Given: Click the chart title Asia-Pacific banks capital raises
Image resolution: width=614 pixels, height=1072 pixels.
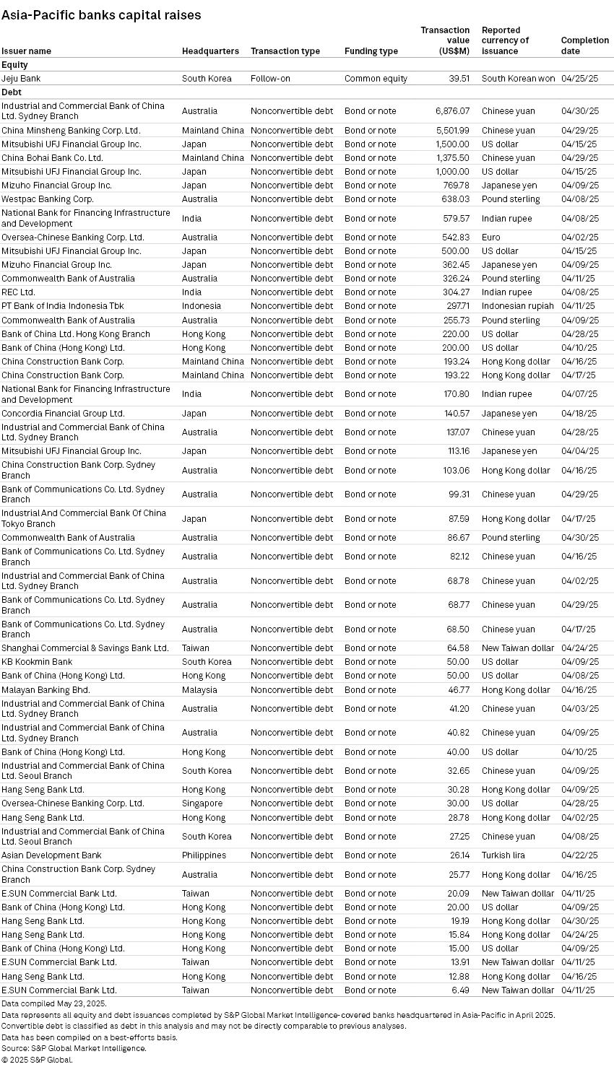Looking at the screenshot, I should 101,14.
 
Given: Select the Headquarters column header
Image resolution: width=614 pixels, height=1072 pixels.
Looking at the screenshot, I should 210,51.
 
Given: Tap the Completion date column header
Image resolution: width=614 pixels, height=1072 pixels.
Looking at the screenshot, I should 584,45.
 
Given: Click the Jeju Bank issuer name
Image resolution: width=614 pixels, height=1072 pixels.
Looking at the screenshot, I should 21,79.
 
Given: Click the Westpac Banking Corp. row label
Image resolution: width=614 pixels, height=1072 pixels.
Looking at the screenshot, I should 48,199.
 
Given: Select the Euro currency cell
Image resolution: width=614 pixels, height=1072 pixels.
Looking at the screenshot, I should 491,238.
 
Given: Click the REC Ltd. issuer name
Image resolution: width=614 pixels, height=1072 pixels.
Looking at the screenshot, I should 18,292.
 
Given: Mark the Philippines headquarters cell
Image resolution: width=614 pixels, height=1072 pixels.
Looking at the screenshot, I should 204,855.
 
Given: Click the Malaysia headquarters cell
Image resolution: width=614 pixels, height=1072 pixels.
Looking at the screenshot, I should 199,690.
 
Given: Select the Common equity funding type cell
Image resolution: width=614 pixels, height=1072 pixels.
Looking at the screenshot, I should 376,79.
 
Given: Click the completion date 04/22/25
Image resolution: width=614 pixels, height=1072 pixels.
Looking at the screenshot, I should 579,855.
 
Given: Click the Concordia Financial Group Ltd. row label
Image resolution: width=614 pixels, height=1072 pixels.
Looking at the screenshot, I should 63,414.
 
